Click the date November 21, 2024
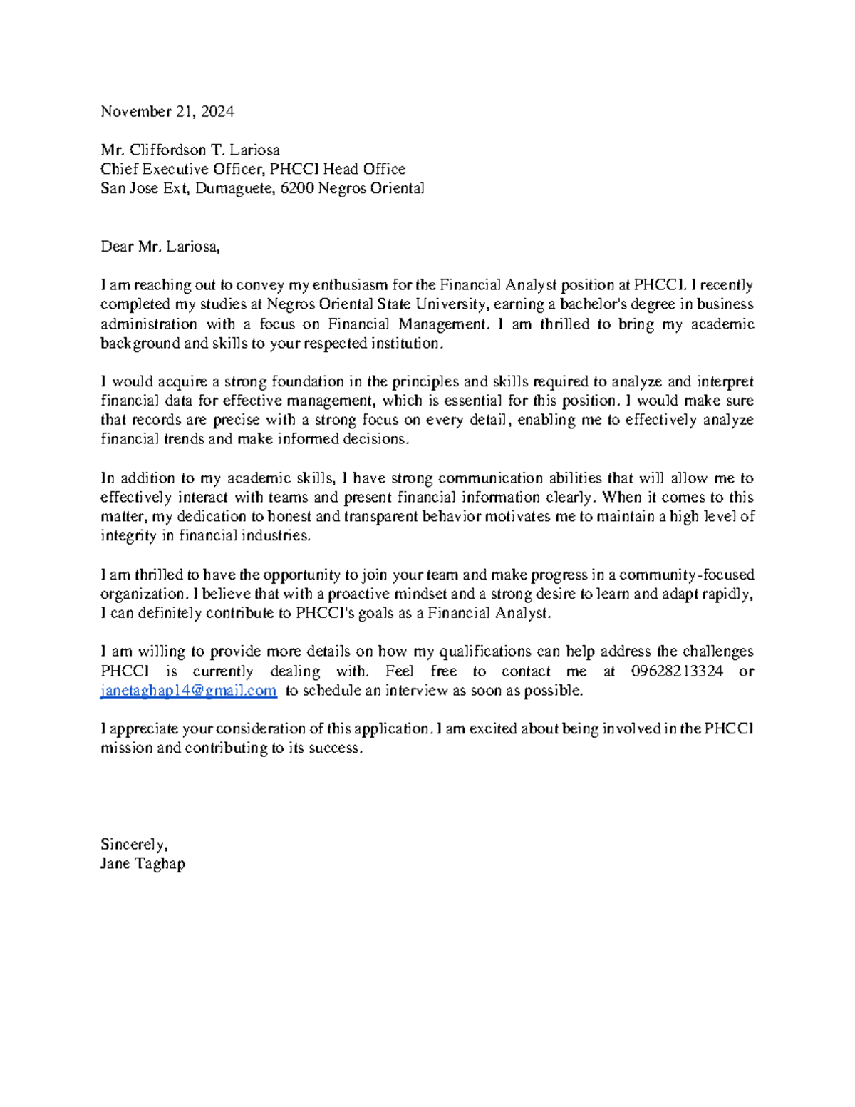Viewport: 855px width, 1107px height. [x=167, y=112]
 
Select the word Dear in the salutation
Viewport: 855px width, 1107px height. [x=117, y=247]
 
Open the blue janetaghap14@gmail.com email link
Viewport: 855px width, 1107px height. [x=188, y=691]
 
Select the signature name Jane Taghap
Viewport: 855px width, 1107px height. [x=142, y=864]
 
